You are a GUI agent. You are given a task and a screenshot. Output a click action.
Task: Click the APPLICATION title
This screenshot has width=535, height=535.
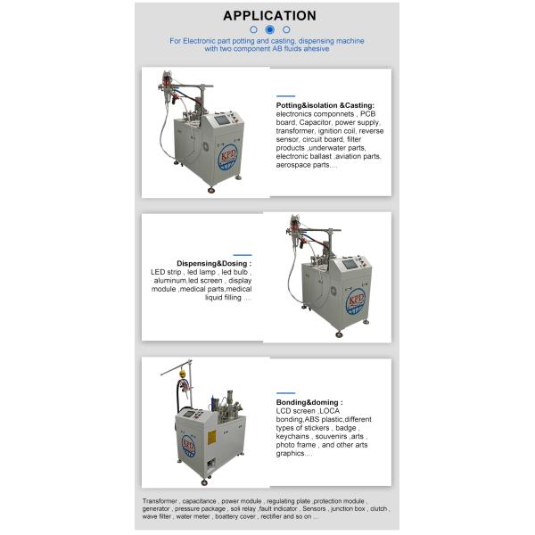pyautogui.click(x=269, y=15)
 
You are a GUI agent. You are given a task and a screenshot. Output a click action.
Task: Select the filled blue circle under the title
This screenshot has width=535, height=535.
pyautogui.click(x=269, y=29)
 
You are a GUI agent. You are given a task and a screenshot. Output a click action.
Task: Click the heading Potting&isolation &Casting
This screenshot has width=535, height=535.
pyautogui.click(x=325, y=105)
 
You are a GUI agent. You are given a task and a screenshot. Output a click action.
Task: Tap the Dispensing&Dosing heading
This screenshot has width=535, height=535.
pyautogui.click(x=213, y=264)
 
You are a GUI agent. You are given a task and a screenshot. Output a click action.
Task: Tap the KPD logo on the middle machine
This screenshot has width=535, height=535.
pyautogui.click(x=356, y=300)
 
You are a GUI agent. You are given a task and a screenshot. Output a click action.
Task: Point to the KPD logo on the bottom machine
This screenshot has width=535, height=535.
pyautogui.click(x=188, y=444)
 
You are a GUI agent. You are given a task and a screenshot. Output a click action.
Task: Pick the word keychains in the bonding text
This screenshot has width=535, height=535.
pyautogui.click(x=294, y=437)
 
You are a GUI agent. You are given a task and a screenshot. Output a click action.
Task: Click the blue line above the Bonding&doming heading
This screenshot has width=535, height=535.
pyautogui.click(x=285, y=392)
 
